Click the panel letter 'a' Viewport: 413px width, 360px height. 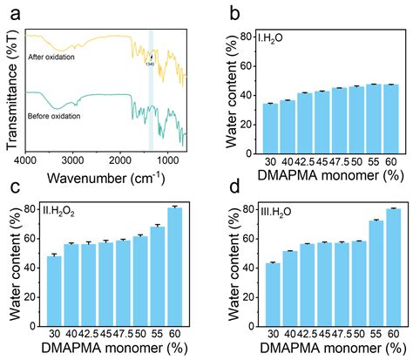pyautogui.click(x=12, y=13)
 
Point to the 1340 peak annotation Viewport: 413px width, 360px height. pyautogui.click(x=150, y=62)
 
